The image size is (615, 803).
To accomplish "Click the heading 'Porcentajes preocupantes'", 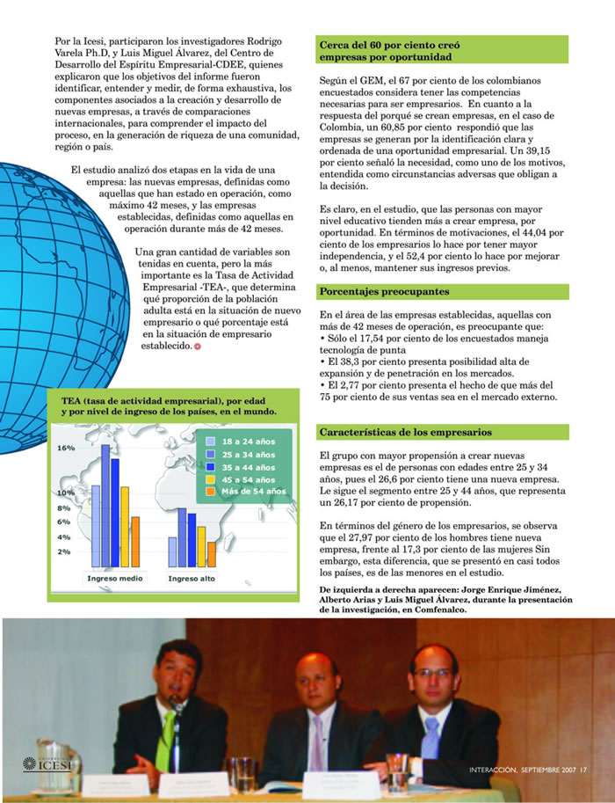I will point(384,291).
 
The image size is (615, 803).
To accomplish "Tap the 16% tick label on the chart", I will point(67,448).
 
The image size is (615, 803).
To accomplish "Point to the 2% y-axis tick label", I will point(65,551).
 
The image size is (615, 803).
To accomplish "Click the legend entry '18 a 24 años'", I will point(248,440).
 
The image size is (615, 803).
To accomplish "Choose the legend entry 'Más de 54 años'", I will point(254,492).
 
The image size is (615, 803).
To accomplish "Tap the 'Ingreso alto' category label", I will point(192,579).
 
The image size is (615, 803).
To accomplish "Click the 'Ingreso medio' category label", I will point(115,579).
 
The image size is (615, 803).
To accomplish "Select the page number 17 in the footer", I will point(582,773).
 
